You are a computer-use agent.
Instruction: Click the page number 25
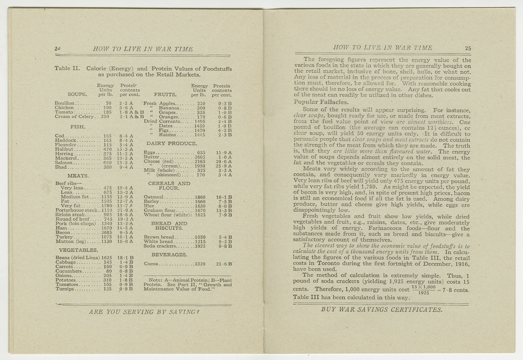(468, 48)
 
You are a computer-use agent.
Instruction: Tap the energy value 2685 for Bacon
(106, 233)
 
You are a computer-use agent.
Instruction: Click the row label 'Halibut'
(64, 149)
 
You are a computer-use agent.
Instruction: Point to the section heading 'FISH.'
(78, 127)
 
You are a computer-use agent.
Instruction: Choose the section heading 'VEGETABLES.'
(78, 250)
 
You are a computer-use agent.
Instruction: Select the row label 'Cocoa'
(151, 264)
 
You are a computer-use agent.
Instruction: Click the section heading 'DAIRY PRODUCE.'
(171, 144)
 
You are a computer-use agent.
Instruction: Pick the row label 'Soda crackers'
(160, 246)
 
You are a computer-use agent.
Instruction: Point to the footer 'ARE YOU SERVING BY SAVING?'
(144, 312)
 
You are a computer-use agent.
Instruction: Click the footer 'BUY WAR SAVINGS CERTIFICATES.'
(381, 310)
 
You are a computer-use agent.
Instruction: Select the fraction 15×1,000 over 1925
(423, 290)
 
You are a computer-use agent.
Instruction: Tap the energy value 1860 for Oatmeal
(200, 197)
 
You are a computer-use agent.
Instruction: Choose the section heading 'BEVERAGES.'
(169, 255)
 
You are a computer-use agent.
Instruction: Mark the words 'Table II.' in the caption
(67, 68)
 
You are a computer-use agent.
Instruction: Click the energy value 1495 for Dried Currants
(199, 121)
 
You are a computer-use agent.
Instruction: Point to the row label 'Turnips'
(65, 289)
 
